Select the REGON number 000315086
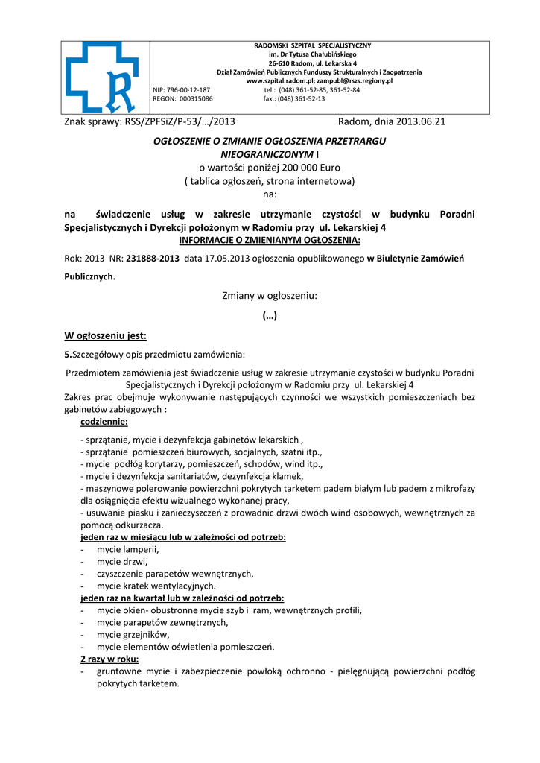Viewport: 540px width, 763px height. click(194, 98)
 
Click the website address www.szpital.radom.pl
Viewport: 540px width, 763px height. click(280, 80)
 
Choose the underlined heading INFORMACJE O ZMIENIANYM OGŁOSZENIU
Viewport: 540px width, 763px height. click(270, 241)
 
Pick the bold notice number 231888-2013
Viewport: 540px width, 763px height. click(153, 259)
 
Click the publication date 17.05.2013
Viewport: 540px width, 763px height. click(225, 259)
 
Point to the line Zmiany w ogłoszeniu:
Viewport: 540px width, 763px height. click(270, 296)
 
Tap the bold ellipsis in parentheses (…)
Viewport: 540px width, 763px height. click(270, 316)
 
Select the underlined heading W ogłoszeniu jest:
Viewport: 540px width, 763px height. click(106, 335)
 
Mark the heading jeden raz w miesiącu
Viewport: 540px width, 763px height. click(183, 537)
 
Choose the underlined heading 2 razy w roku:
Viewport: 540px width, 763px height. click(109, 659)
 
